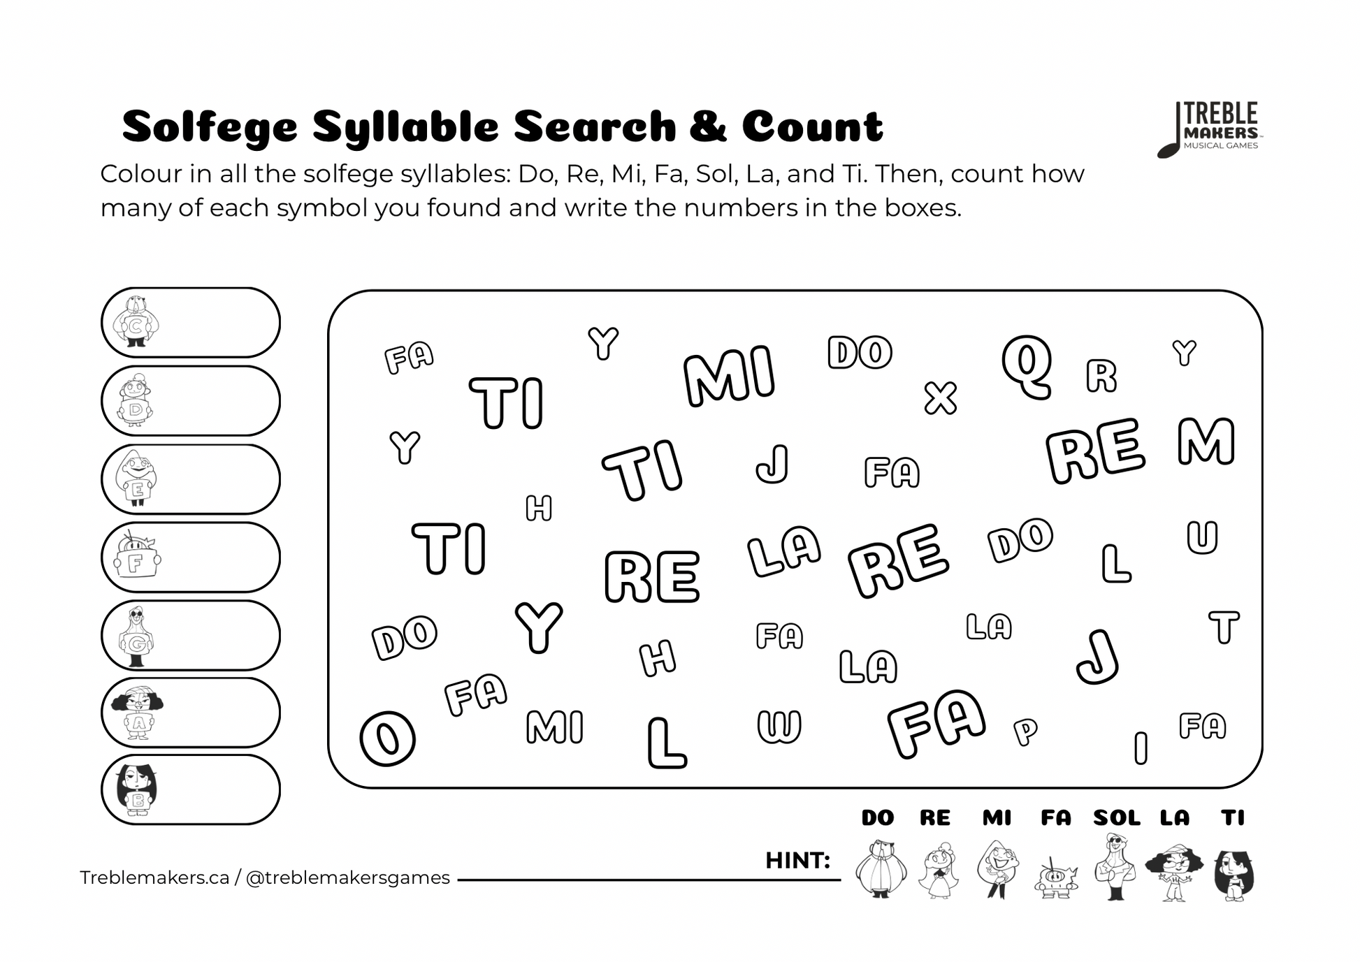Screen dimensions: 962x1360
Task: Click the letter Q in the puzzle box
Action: [1026, 365]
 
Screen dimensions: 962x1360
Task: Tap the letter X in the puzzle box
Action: [940, 398]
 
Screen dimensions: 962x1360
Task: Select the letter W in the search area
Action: [779, 726]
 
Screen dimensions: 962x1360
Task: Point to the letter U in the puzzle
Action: [1202, 537]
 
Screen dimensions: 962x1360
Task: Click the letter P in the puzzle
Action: [1025, 731]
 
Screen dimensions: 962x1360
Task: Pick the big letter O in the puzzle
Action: [387, 738]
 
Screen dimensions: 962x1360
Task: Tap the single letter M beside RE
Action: [1206, 442]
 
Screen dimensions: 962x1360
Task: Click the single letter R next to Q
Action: [1101, 376]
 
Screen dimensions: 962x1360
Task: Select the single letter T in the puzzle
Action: [1224, 627]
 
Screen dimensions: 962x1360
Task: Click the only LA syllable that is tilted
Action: [783, 551]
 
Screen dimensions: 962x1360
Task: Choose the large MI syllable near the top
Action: [729, 376]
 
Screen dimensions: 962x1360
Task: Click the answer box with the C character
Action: [190, 323]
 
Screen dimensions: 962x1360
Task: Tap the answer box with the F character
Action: [190, 557]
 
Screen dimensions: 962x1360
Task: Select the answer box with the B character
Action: [190, 789]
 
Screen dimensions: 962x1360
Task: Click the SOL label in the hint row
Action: [1116, 817]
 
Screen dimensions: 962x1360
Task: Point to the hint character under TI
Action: [1234, 873]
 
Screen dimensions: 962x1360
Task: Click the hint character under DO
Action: [880, 870]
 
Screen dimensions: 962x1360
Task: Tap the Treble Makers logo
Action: [1210, 129]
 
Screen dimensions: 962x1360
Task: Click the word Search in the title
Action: [595, 126]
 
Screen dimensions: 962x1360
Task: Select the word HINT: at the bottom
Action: [797, 860]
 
